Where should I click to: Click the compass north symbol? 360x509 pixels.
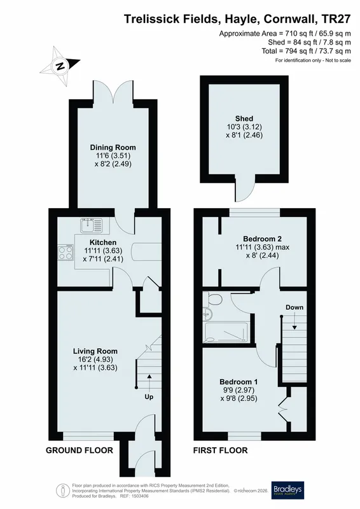(60, 66)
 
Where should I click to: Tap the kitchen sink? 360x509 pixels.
(92, 225)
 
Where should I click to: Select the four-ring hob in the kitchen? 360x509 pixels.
(66, 252)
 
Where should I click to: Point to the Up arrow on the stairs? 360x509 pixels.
(149, 382)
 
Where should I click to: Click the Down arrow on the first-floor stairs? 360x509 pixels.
(294, 323)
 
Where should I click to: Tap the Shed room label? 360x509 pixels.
(244, 118)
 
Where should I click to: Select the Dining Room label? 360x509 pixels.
(113, 148)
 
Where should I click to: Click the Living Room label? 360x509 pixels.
(95, 351)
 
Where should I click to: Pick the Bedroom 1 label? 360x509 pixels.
(239, 382)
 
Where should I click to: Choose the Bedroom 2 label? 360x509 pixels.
(262, 239)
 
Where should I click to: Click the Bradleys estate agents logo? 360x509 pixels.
(288, 491)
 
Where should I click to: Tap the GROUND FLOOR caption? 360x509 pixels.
(80, 450)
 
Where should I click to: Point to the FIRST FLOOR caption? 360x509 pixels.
(221, 450)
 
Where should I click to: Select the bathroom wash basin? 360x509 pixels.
(207, 313)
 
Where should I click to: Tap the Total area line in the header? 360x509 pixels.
(306, 51)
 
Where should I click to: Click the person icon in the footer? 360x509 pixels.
(62, 490)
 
